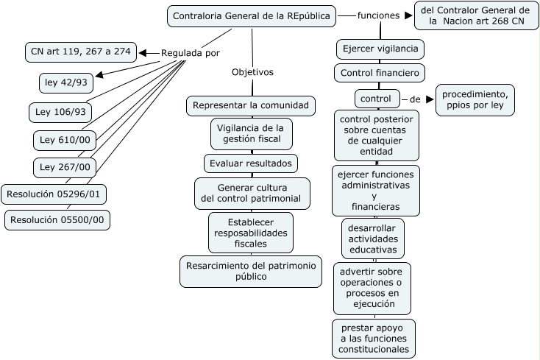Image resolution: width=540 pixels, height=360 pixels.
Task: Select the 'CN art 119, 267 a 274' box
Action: pos(79,52)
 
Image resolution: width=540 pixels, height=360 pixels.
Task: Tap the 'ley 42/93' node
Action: pos(66,82)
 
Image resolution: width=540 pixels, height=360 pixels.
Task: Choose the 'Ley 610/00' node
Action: pos(65,140)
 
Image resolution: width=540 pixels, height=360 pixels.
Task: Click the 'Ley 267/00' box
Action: pos(65,167)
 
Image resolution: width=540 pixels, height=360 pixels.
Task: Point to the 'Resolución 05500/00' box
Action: pos(57,219)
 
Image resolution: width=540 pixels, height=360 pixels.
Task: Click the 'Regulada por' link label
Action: pos(190,53)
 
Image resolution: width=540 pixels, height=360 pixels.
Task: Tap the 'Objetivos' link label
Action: pos(252,72)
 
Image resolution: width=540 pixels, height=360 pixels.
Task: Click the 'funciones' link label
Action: pos(378,15)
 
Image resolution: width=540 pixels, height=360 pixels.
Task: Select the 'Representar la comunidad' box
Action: pos(251,106)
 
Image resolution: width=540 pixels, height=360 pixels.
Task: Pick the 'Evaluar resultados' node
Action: pos(250,163)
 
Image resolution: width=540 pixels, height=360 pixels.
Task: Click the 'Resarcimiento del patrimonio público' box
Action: pos(251,271)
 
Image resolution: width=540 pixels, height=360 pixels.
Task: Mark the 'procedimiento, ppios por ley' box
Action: pos(475,100)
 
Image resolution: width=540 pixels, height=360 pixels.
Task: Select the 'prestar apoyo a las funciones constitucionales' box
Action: pos(374,338)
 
